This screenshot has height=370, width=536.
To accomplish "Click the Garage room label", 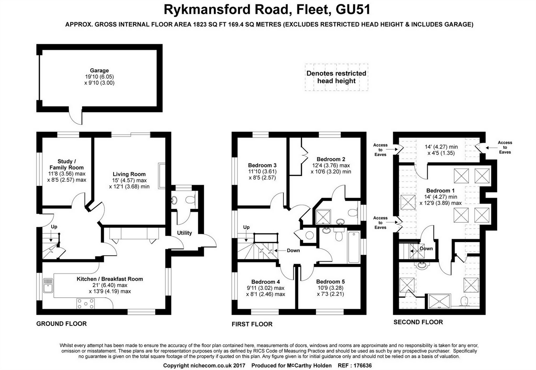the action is pyautogui.click(x=99, y=71).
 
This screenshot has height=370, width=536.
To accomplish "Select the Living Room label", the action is pyautogui.click(x=129, y=174).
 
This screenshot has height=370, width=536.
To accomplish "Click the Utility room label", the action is pyautogui.click(x=184, y=233).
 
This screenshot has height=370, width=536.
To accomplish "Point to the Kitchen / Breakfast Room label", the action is pyautogui.click(x=110, y=279).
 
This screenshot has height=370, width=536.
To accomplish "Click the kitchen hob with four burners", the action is pyautogui.click(x=86, y=304).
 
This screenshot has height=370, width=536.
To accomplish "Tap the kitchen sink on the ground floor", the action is pyautogui.click(x=48, y=285).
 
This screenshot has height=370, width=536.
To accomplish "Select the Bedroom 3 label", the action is pyautogui.click(x=262, y=165).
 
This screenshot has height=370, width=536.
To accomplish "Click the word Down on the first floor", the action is pyautogui.click(x=293, y=251).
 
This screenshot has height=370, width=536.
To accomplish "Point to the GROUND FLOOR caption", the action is pyautogui.click(x=61, y=324).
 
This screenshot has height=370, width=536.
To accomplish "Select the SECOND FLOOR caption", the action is pyautogui.click(x=418, y=322).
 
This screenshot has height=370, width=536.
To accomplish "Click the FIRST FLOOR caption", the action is pyautogui.click(x=252, y=324).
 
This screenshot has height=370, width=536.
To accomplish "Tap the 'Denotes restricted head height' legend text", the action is pyautogui.click(x=336, y=77).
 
